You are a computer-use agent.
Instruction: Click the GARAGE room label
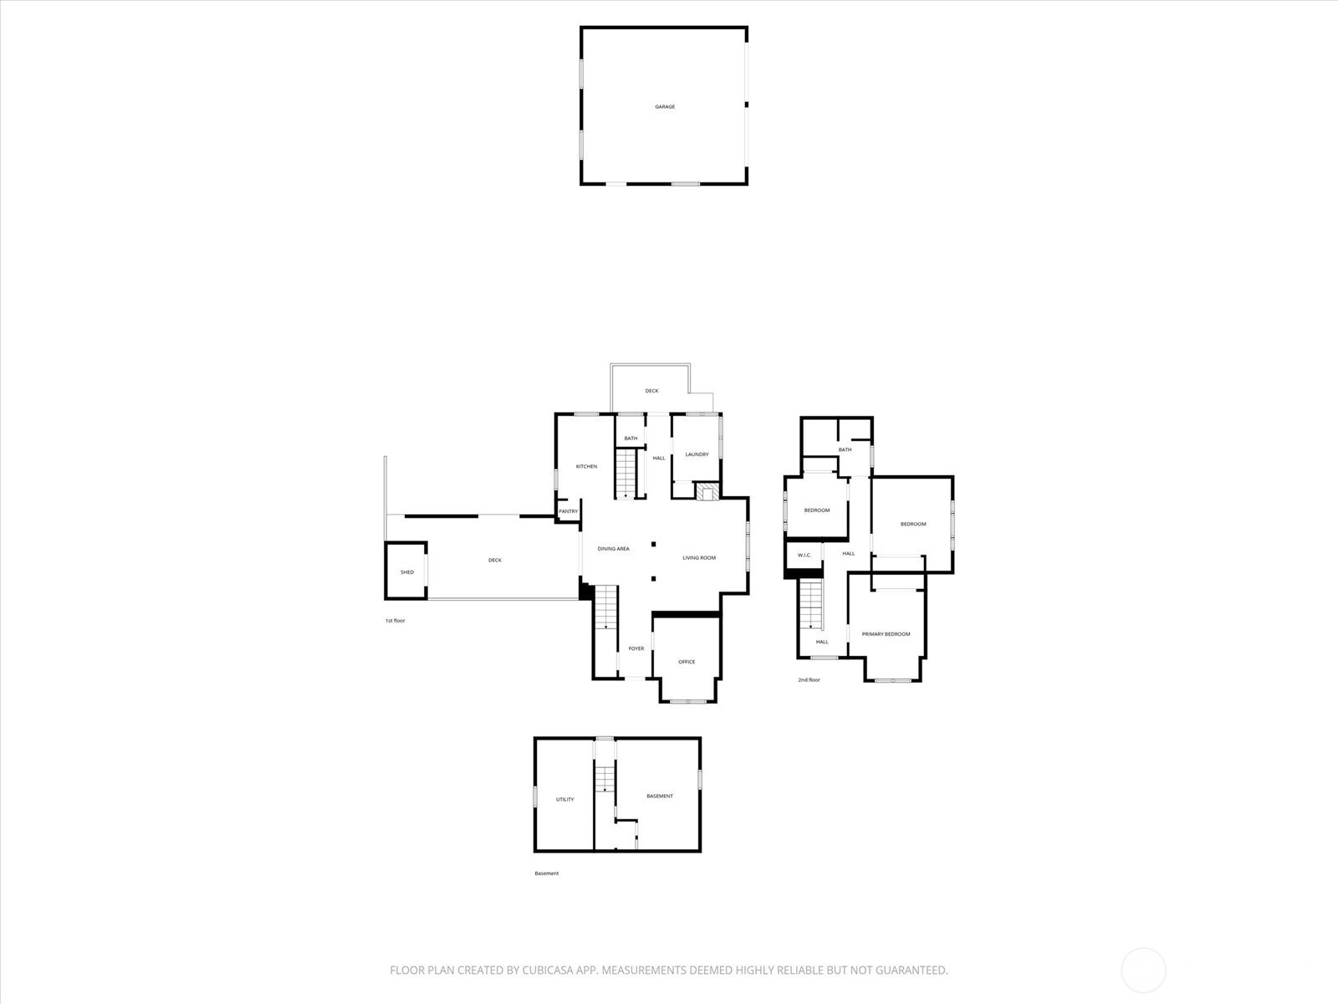[x=665, y=107]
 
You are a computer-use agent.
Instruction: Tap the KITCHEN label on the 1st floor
[x=586, y=466]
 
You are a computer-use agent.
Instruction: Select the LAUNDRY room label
[x=697, y=454]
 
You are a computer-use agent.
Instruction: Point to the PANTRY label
[x=568, y=511]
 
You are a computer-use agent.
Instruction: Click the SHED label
[x=407, y=571]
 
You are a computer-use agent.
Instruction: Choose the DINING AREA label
[x=613, y=549]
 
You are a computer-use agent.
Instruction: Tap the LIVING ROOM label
[x=699, y=558]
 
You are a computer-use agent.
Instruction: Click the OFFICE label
[x=687, y=662]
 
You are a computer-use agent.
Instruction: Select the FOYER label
[x=636, y=648]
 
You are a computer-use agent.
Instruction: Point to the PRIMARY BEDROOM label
[x=886, y=634]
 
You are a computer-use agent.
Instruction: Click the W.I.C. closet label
[x=804, y=555]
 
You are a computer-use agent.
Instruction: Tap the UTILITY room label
[x=565, y=799]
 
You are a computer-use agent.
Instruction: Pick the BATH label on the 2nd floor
[x=845, y=450]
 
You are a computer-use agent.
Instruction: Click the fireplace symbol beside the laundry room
[x=707, y=491]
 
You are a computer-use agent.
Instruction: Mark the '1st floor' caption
[x=395, y=621]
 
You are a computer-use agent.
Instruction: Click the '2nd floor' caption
[x=809, y=679]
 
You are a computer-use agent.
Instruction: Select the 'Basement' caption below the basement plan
[x=546, y=873]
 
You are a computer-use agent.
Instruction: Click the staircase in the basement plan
[x=605, y=777]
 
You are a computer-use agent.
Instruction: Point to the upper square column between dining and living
[x=653, y=544]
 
